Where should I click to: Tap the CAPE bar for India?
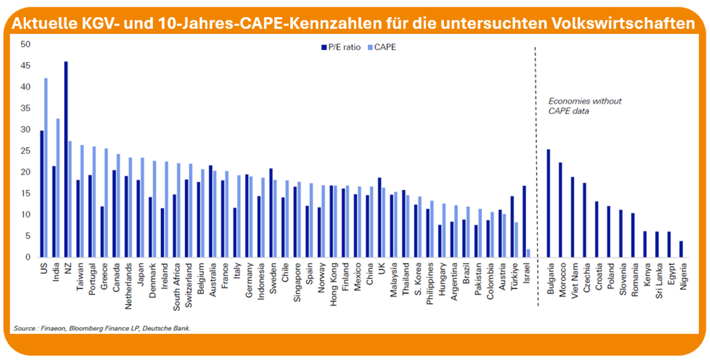click(58, 188)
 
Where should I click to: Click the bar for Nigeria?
click(681, 249)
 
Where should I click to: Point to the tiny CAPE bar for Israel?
click(529, 254)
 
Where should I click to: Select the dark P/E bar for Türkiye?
click(512, 227)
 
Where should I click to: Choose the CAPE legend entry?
click(382, 47)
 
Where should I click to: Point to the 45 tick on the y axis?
click(25, 66)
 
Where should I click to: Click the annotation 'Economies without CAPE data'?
click(584, 105)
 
